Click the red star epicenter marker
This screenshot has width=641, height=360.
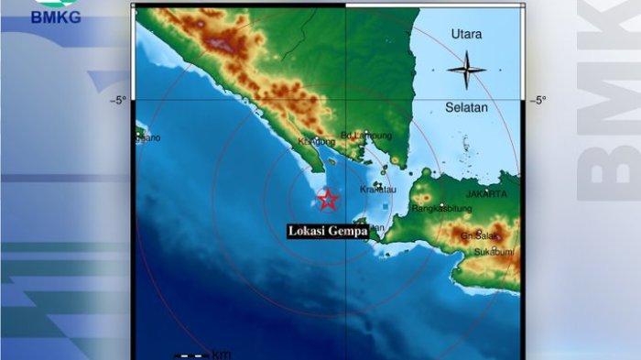[x=327, y=199]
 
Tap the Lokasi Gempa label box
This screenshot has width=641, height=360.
[x=328, y=232]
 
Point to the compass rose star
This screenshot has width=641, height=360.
[x=467, y=70]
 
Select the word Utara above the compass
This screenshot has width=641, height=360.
[x=466, y=35]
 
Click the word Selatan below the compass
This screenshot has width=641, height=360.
[x=467, y=107]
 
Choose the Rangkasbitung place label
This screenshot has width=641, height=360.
[x=441, y=208]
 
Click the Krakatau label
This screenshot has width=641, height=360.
[x=377, y=189]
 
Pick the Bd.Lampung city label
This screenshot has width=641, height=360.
[x=360, y=136]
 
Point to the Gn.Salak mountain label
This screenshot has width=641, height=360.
[x=479, y=235]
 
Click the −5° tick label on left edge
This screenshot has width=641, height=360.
[x=118, y=100]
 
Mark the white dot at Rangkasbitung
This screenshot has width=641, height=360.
[x=441, y=203]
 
